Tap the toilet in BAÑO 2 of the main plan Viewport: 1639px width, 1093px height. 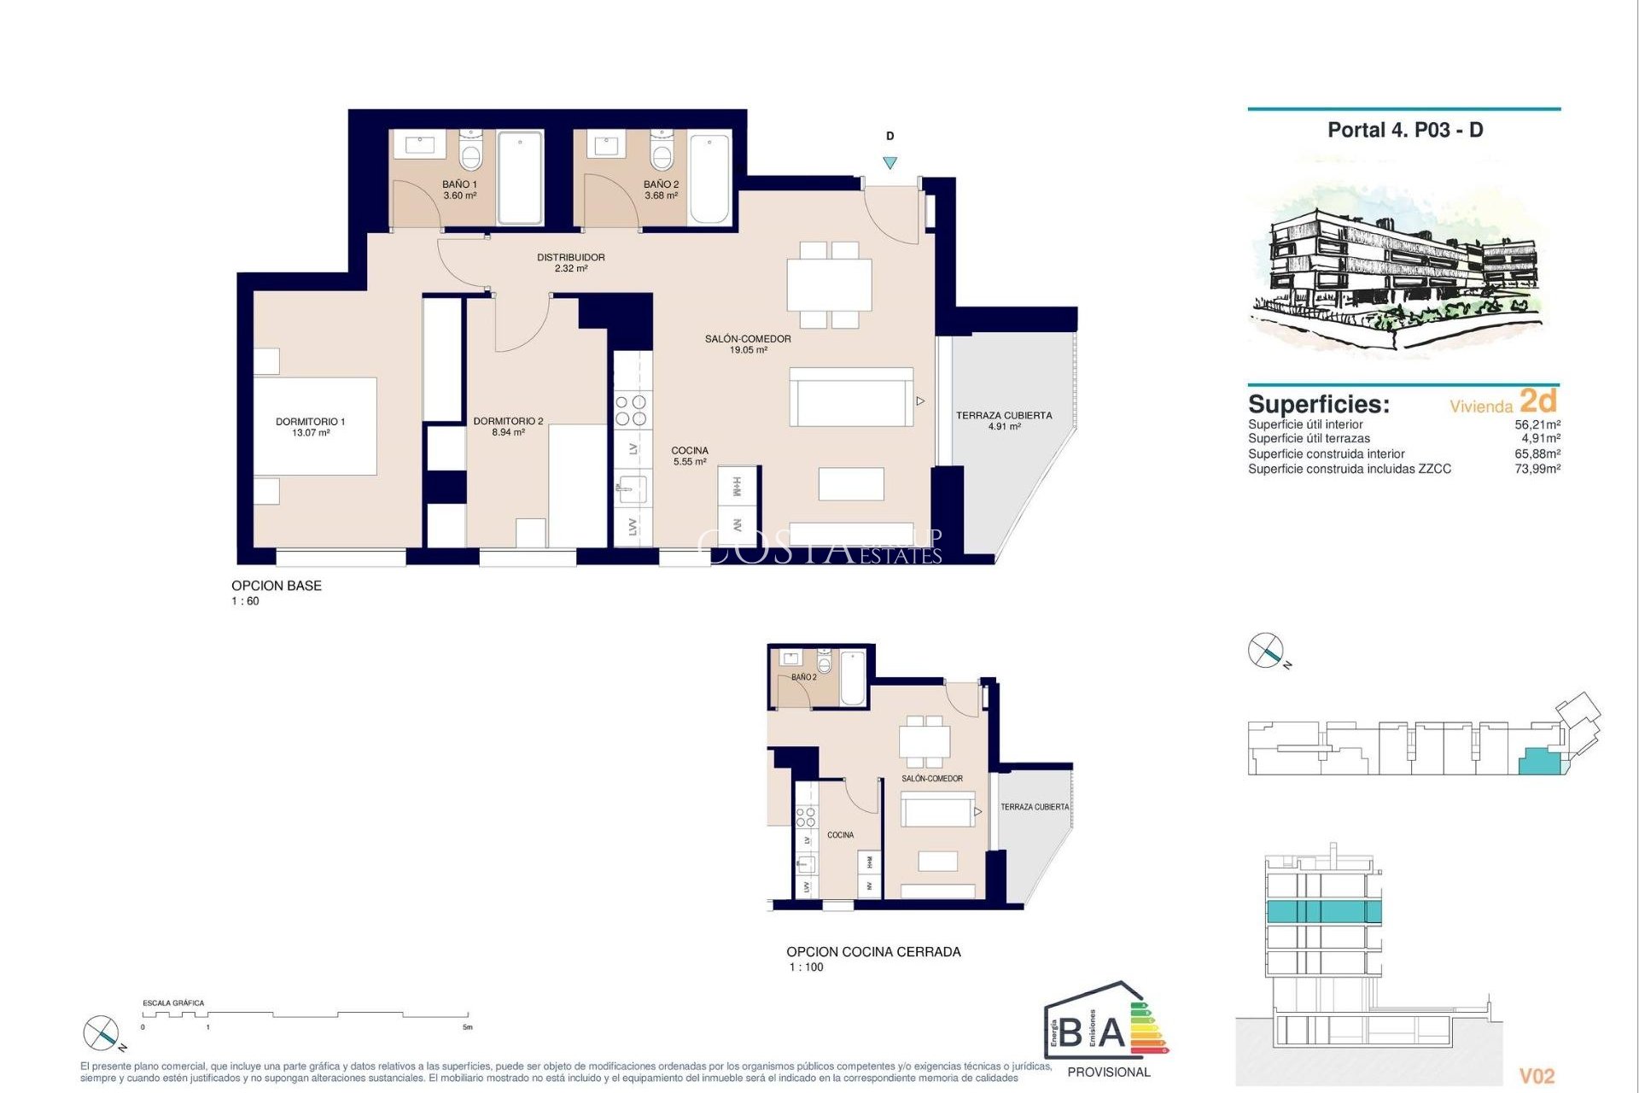click(x=662, y=152)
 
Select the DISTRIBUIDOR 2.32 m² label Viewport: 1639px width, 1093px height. click(x=570, y=262)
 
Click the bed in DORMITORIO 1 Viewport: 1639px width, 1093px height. click(x=315, y=426)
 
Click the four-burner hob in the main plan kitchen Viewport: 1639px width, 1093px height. click(x=631, y=410)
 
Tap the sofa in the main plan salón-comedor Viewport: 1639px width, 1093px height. click(x=850, y=398)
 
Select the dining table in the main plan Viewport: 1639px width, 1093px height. click(x=829, y=285)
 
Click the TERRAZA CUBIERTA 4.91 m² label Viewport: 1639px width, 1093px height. click(x=1004, y=420)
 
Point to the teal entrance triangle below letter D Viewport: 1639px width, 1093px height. click(x=889, y=162)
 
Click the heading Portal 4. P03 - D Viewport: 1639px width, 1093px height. click(x=1404, y=130)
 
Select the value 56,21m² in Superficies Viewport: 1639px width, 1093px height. click(x=1537, y=424)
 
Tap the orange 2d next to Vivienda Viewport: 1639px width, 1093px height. click(x=1537, y=400)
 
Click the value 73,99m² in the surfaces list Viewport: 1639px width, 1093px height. click(x=1537, y=469)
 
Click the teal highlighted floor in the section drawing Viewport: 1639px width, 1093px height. click(x=1322, y=911)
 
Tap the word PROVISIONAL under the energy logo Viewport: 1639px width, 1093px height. click(x=1108, y=1072)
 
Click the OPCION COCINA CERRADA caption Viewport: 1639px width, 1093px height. click(x=872, y=951)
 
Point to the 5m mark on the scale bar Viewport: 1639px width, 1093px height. click(x=467, y=1026)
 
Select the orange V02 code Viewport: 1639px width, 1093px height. click(x=1537, y=1076)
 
